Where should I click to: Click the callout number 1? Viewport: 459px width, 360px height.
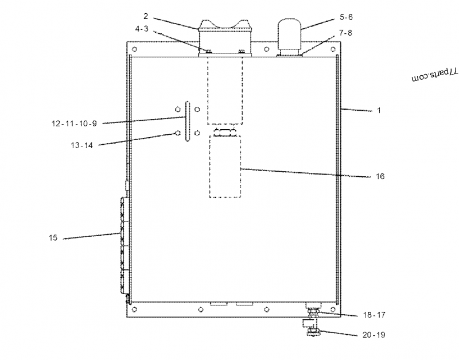tap(378, 111)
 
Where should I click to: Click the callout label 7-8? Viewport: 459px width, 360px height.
tap(346, 33)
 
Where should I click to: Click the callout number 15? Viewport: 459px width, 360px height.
tap(53, 238)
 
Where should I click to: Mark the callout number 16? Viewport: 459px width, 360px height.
tap(380, 176)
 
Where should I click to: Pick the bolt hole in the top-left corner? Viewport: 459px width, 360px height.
tap(134, 49)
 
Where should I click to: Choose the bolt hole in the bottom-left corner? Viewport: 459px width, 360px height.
tap(134, 309)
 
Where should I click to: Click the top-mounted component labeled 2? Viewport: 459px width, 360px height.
tap(225, 37)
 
